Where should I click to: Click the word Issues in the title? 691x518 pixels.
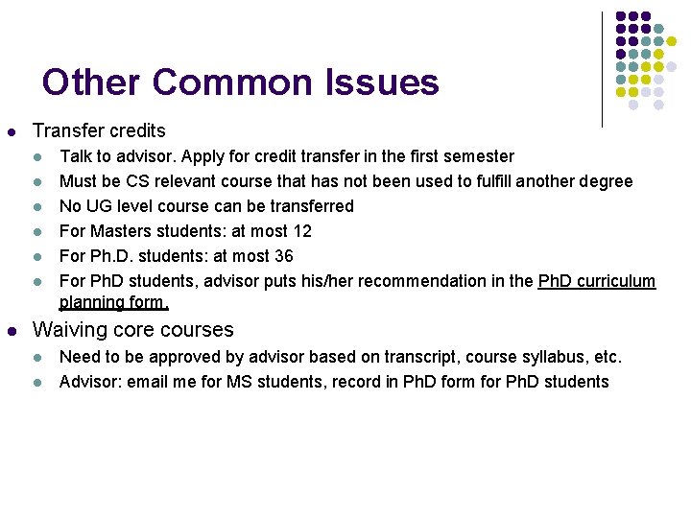pyautogui.click(x=382, y=82)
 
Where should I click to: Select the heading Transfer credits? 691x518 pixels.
pyautogui.click(x=99, y=130)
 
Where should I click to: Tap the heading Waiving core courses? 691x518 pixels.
pyautogui.click(x=133, y=330)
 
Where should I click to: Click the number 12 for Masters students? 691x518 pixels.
pyautogui.click(x=302, y=231)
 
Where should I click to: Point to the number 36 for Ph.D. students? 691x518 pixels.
pyautogui.click(x=284, y=256)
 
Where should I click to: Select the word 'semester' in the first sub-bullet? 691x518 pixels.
pyautogui.click(x=477, y=156)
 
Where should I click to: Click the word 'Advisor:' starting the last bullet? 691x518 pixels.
pyautogui.click(x=89, y=382)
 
